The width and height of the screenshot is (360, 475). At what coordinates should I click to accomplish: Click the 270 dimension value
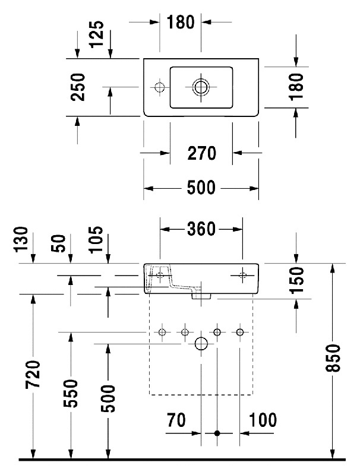(x=201, y=154)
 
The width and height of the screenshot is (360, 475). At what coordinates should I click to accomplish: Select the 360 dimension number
(x=201, y=229)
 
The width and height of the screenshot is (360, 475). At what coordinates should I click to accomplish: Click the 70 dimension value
(x=176, y=420)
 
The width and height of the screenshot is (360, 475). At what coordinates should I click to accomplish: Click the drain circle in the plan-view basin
(x=201, y=87)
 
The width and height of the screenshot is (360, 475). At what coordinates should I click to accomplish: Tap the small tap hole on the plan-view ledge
(x=159, y=87)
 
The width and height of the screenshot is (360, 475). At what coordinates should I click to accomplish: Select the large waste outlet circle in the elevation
(x=201, y=343)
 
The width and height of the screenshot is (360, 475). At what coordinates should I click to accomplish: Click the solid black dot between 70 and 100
(x=217, y=434)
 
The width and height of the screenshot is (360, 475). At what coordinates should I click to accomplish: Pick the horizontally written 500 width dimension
(x=201, y=188)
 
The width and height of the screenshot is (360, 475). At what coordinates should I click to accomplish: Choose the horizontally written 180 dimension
(x=180, y=23)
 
